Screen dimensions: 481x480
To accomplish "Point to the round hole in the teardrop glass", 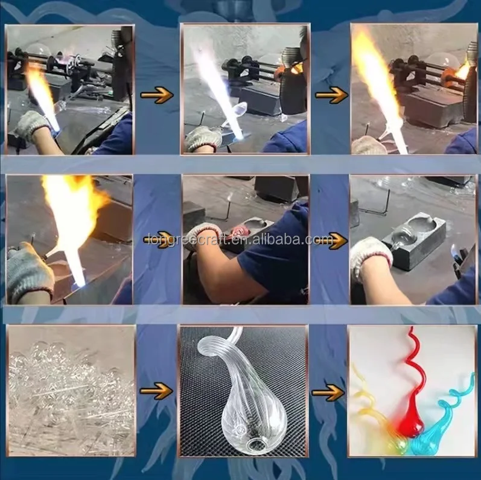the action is click(256, 445).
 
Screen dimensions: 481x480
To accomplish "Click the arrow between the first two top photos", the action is click(157, 95).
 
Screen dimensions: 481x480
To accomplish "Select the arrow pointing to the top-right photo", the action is click(332, 95).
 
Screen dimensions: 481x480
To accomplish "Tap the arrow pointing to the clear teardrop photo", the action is click(156, 391).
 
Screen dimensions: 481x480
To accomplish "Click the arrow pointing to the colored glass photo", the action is click(328, 392).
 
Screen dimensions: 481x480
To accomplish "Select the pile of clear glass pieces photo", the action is click(71, 391).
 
